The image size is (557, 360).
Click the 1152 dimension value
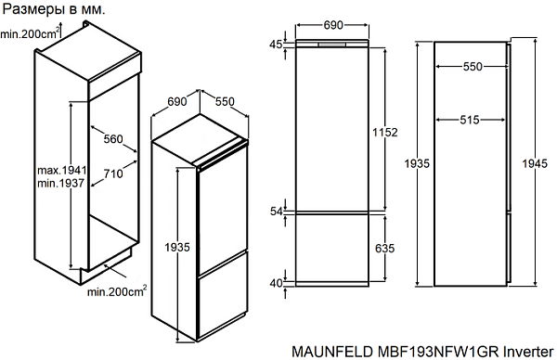(x=385, y=133)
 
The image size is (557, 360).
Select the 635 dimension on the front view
(x=385, y=248)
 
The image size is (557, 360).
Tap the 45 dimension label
(x=276, y=45)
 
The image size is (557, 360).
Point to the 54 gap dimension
(x=276, y=212)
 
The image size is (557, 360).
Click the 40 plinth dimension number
(x=276, y=283)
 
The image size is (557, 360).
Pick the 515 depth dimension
(x=470, y=120)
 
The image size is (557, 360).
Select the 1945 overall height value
(x=535, y=163)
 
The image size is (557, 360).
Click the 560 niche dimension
(x=113, y=139)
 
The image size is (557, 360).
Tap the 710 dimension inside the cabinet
(x=113, y=174)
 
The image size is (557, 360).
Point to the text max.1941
(x=62, y=170)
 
